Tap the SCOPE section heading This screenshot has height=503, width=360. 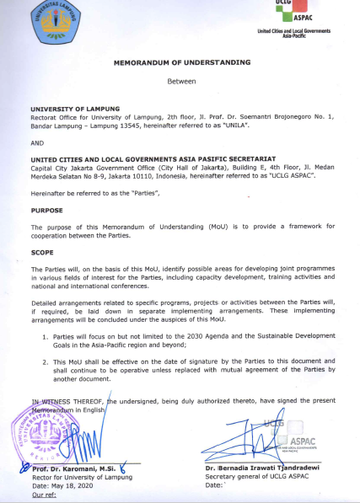point(42,250)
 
